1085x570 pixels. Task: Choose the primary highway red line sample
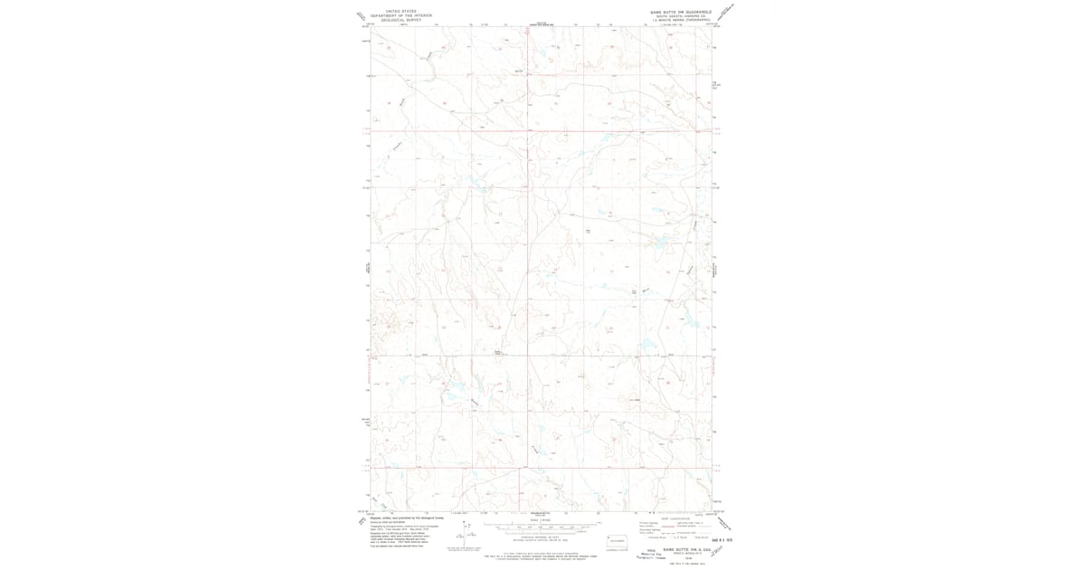[661, 522]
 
